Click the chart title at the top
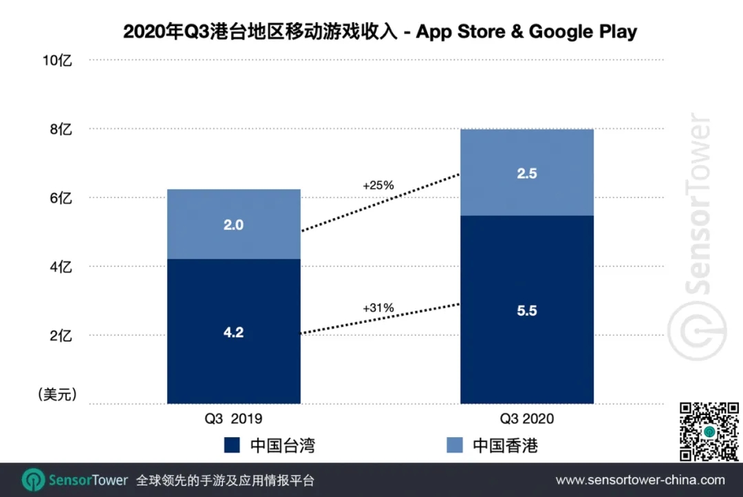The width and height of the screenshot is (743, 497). click(380, 32)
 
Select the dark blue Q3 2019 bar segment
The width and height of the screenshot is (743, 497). click(234, 358)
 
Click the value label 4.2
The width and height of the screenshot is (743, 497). click(234, 332)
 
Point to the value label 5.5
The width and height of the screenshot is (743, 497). click(527, 310)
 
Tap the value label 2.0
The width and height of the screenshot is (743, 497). click(234, 224)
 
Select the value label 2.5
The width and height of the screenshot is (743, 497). click(527, 173)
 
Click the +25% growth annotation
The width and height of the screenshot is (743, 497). click(378, 185)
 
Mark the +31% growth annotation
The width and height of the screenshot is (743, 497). click(378, 308)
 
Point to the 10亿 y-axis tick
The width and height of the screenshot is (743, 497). click(57, 61)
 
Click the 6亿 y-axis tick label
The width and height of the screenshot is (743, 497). click(61, 198)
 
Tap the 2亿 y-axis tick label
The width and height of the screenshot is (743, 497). click(61, 336)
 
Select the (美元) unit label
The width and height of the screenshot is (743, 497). click(56, 394)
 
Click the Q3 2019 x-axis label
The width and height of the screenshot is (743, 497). click(234, 419)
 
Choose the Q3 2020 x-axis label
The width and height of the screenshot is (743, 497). click(527, 419)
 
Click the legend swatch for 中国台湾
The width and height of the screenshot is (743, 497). click(232, 445)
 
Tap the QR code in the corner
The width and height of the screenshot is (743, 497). click(709, 431)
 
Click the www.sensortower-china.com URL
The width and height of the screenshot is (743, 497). click(640, 480)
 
